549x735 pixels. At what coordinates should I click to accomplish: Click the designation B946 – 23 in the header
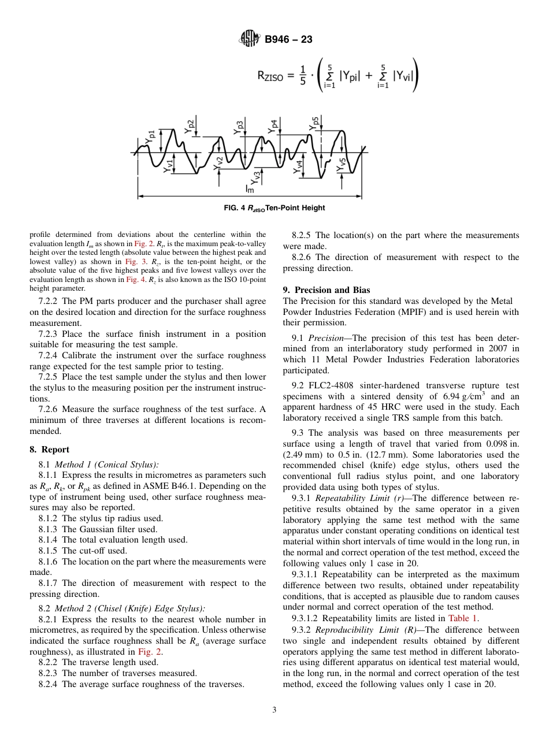click(288, 40)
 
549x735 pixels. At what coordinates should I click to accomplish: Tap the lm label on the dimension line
click(250, 188)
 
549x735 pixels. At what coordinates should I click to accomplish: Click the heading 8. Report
click(49, 450)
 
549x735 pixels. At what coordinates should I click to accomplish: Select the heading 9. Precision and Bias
click(327, 290)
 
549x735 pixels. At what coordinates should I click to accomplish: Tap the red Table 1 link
click(462, 618)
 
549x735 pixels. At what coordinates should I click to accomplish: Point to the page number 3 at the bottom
click(274, 710)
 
